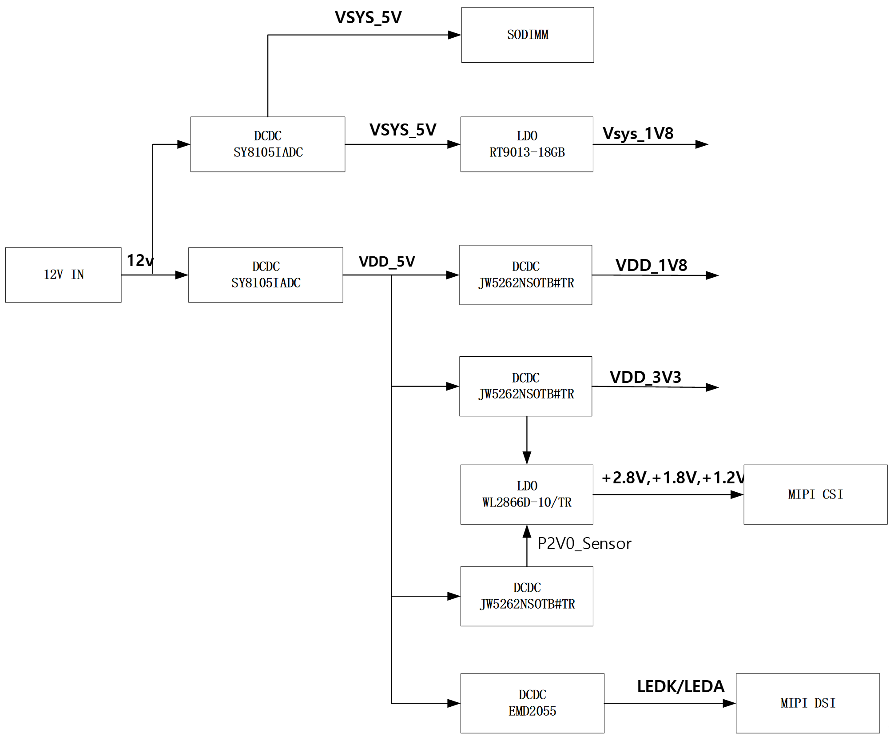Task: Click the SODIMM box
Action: pos(527,35)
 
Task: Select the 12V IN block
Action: pos(63,275)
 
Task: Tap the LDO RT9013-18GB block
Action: pos(527,144)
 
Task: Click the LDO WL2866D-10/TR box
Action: pos(527,494)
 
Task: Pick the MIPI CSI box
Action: pos(815,494)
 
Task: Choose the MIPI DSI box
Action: pos(807,703)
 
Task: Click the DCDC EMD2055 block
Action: pos(532,703)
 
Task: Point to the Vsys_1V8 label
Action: pos(638,133)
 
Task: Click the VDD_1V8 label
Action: pos(651,265)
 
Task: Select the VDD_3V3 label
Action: pos(645,377)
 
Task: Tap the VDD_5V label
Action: pos(387,262)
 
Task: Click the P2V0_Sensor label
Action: pos(584,544)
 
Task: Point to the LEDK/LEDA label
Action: pos(680,686)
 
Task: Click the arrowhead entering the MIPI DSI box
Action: pos(729,703)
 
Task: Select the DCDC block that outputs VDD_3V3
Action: pos(525,386)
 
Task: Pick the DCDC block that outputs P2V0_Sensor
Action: pos(527,596)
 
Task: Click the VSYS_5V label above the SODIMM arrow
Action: pos(368,18)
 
